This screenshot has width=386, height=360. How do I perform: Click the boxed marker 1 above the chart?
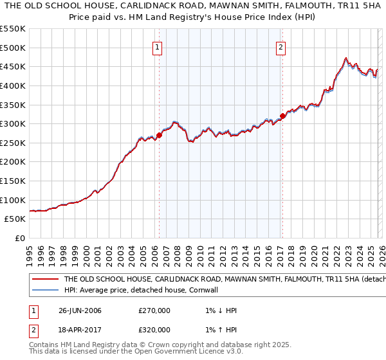tap(158, 46)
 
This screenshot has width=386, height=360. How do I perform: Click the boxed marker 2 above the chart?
tap(282, 46)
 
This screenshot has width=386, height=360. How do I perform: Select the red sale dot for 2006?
tap(159, 135)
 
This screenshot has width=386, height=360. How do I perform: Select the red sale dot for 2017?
tap(282, 116)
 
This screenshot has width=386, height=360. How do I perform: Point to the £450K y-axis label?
tap(13, 66)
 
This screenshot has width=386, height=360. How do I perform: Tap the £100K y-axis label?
tap(13, 200)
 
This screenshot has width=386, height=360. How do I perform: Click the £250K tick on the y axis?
tap(13, 143)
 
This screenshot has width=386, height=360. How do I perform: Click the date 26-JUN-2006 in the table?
tap(80, 310)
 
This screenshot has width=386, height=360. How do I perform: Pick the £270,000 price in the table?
tap(154, 310)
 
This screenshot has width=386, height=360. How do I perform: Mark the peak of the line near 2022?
tap(346, 58)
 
